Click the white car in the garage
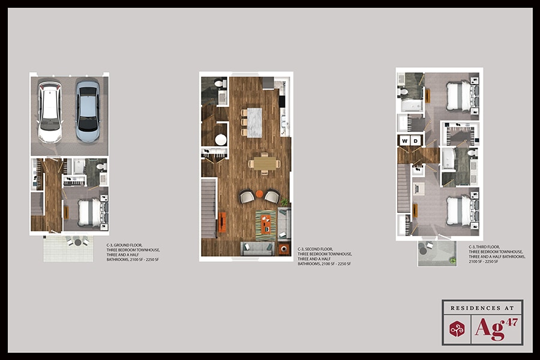[50, 112]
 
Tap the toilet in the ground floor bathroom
[101, 166]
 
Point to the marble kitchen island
[256, 122]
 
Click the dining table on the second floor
[264, 163]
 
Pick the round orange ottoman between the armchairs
[259, 193]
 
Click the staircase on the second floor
[208, 210]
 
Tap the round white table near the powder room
[220, 140]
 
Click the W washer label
[405, 141]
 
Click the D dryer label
[416, 141]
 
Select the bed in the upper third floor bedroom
[459, 96]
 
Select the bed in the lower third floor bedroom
[459, 211]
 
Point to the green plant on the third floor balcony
[453, 260]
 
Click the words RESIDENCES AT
[482, 308]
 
